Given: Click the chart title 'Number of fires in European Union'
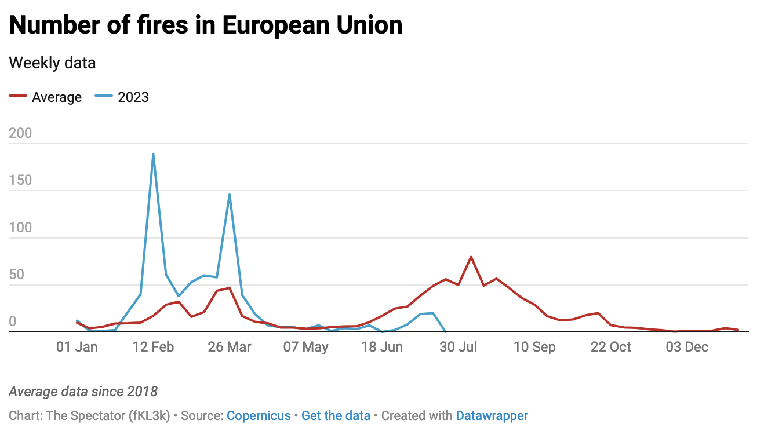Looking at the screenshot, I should pyautogui.click(x=206, y=25).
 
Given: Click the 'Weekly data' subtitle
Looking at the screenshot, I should pyautogui.click(x=52, y=63).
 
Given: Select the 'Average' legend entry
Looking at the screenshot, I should pyautogui.click(x=56, y=97).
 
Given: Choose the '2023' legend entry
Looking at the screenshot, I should pyautogui.click(x=133, y=97).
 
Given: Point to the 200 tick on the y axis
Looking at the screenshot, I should pyautogui.click(x=21, y=134).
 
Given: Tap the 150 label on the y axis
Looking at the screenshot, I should pyautogui.click(x=21, y=181).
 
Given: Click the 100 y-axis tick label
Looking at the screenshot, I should pyautogui.click(x=21, y=228).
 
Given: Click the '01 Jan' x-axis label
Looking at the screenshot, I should pyautogui.click(x=77, y=347).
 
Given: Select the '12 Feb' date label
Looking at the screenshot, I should pyautogui.click(x=153, y=347).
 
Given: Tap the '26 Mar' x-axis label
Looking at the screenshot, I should pyautogui.click(x=230, y=347).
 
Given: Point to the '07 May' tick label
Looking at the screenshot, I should pyautogui.click(x=306, y=347).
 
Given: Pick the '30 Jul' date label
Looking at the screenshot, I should pyautogui.click(x=459, y=347).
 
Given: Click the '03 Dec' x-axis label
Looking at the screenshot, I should pyautogui.click(x=687, y=347).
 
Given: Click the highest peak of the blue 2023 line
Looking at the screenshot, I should pyautogui.click(x=153, y=154).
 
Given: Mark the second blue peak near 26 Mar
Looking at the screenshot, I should pyautogui.click(x=230, y=195).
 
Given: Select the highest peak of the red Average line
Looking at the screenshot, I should pyautogui.click(x=471, y=257).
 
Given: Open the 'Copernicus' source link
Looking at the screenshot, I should pyautogui.click(x=259, y=416).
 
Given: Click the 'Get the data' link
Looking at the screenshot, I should pyautogui.click(x=336, y=416).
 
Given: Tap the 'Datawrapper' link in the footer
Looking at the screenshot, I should pyautogui.click(x=492, y=416).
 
